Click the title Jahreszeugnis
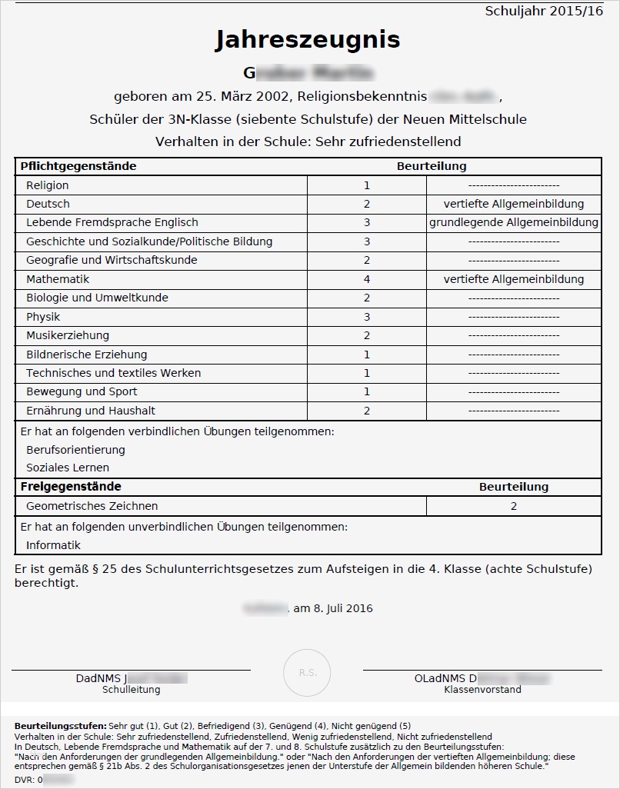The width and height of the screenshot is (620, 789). click(308, 40)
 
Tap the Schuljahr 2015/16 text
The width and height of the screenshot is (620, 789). click(544, 11)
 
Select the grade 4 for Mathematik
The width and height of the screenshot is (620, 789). click(367, 279)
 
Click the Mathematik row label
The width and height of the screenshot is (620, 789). click(58, 279)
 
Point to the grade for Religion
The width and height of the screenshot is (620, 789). click(367, 185)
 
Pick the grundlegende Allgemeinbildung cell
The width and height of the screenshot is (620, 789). click(513, 222)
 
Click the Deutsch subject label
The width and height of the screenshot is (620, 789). click(48, 204)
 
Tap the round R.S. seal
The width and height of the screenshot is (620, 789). click(307, 673)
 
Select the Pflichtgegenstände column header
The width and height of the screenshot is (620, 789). click(78, 166)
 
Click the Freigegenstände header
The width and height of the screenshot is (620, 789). click(71, 487)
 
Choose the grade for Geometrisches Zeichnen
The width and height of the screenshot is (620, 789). click(513, 506)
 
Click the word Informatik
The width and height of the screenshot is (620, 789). click(53, 545)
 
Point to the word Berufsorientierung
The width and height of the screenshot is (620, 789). click(75, 450)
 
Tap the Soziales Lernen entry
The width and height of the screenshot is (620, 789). click(68, 468)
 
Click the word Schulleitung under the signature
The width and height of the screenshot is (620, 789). click(132, 690)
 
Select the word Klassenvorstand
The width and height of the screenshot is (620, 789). click(482, 690)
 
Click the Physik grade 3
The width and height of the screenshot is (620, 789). click(367, 317)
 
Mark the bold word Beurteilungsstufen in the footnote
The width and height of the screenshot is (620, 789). click(61, 726)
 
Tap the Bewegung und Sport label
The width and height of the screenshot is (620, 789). click(82, 391)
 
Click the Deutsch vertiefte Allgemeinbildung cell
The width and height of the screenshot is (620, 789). click(513, 204)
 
